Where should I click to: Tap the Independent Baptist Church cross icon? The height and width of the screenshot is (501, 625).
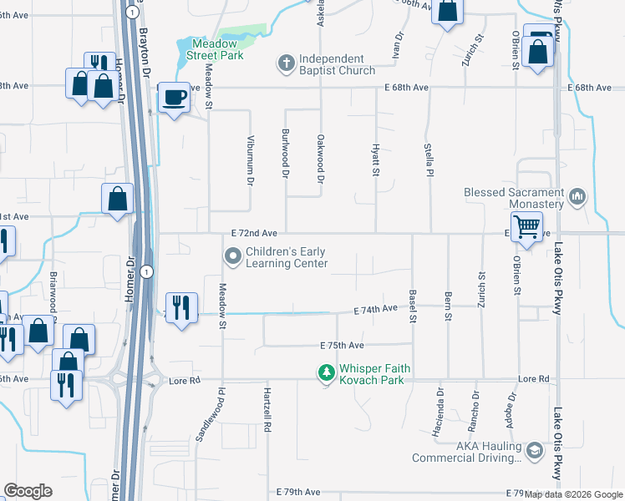(286, 63)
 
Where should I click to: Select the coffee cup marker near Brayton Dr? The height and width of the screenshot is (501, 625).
(174, 99)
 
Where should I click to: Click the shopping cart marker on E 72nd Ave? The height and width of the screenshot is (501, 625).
(526, 225)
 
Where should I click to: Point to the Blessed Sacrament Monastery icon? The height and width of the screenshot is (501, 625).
(577, 198)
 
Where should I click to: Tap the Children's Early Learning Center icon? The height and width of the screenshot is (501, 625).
(232, 257)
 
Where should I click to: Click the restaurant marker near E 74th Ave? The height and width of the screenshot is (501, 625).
(180, 306)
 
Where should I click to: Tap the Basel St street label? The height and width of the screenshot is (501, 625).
(413, 306)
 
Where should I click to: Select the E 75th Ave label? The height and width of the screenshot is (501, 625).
(342, 345)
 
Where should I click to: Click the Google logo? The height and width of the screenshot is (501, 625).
(28, 491)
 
